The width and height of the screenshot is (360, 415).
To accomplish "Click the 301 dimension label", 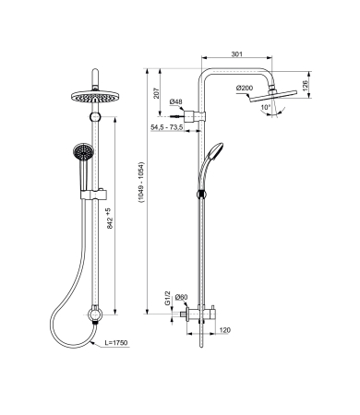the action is (236, 54).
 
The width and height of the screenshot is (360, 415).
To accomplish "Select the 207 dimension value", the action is (157, 93).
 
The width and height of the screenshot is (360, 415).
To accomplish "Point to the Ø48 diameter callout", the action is (176, 101).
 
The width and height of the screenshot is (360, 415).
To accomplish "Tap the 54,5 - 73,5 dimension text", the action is (167, 127).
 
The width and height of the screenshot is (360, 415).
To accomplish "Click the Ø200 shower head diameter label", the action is (245, 88).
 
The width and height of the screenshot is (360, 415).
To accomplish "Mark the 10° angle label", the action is (265, 107).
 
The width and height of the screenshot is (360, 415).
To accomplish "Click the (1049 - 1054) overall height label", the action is (141, 183).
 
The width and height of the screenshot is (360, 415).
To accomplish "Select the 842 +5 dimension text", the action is (109, 218).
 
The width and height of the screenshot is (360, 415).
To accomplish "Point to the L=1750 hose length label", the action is (116, 343).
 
